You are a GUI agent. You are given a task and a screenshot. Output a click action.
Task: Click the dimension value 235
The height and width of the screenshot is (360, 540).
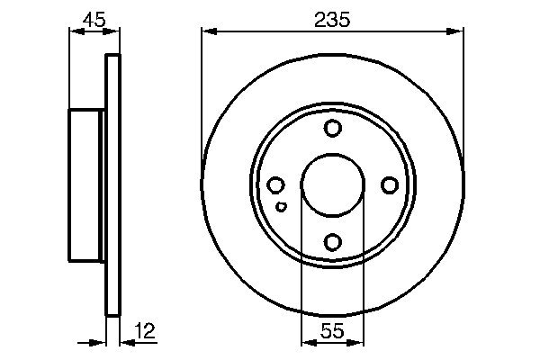click(332, 18)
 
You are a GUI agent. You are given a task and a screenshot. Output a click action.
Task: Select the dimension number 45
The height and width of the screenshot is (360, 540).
click(94, 18)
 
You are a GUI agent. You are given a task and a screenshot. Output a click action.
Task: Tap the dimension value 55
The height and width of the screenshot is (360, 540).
click(332, 331)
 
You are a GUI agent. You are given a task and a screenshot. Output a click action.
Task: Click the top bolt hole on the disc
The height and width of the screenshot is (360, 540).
click(332, 129)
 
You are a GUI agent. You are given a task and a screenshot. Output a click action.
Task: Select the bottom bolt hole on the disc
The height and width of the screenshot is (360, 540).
click(332, 241)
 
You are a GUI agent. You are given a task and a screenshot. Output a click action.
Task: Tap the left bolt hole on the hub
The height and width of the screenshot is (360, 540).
click(276, 185)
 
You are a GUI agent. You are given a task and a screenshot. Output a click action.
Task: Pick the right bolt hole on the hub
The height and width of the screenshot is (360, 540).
click(389, 185)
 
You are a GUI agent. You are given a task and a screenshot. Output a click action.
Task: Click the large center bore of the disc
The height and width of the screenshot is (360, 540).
click(332, 185)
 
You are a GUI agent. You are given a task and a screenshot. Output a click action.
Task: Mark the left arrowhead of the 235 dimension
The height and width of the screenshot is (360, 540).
click(207, 32)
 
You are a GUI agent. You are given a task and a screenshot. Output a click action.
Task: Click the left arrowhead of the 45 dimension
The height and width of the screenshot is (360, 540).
click(74, 32)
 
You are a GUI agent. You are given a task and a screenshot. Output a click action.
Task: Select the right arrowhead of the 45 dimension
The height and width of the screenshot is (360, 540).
click(114, 32)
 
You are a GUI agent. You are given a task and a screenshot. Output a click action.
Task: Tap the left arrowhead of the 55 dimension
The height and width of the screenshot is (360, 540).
click(305, 341)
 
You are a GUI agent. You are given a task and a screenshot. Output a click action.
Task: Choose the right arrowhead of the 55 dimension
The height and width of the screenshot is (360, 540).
click(359, 341)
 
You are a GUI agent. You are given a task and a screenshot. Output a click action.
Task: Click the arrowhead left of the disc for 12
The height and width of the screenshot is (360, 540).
click(101, 341)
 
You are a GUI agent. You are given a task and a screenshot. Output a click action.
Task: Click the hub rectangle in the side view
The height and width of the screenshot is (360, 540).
click(86, 185)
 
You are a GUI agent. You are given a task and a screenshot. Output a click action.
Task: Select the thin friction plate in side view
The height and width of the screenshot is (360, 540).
click(112, 185)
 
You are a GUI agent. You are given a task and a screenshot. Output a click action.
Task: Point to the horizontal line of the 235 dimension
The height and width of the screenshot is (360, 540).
click(270, 32)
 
